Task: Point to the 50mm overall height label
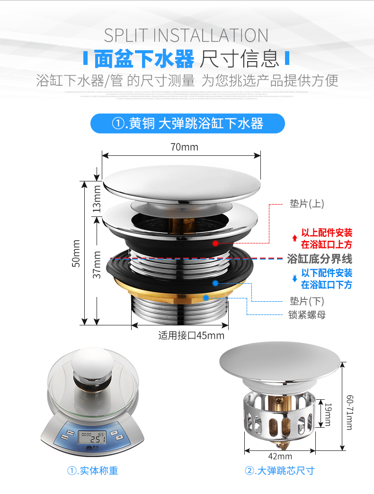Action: tap(76, 253)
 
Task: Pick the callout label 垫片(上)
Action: tap(306, 204)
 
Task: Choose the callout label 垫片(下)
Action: tap(306, 301)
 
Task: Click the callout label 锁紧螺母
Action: tap(307, 314)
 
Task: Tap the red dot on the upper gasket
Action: tap(215, 243)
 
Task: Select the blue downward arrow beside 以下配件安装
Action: tap(294, 279)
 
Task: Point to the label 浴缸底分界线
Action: tap(320, 259)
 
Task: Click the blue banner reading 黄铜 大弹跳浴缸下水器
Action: tap(187, 124)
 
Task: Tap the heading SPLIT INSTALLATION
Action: tap(186, 36)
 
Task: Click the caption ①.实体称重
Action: tap(92, 470)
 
